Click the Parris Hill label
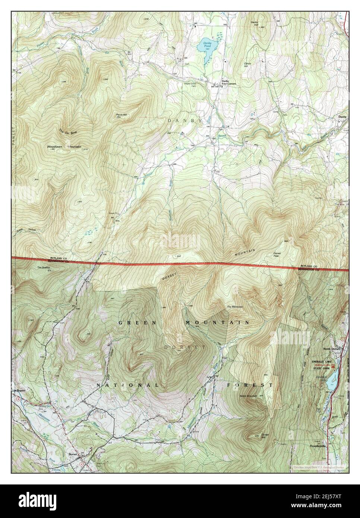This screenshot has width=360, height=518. click(x=121, y=114)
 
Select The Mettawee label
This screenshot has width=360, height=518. click(x=235, y=307)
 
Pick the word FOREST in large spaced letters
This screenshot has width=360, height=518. click(x=249, y=385)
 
